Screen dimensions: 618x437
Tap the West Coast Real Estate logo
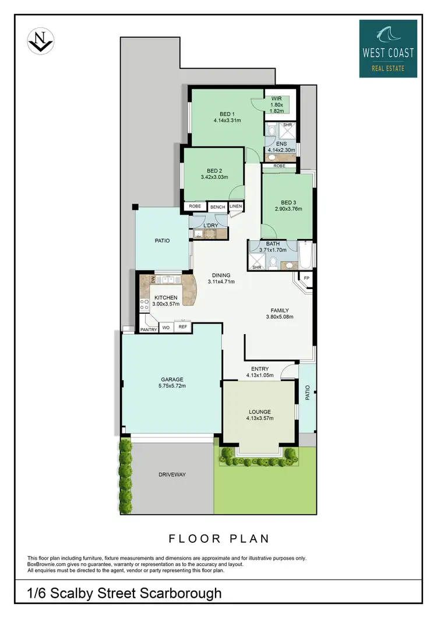click(387, 48)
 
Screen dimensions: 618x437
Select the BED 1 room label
click(227, 114)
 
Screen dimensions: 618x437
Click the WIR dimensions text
click(277, 108)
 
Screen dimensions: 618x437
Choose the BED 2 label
click(213, 171)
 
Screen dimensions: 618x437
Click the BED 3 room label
click(288, 202)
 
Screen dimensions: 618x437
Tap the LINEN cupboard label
click(235, 206)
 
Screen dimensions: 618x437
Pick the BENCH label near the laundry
click(217, 207)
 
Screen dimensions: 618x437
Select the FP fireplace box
click(306, 279)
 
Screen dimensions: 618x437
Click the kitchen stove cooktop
click(143, 304)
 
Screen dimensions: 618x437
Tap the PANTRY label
click(148, 330)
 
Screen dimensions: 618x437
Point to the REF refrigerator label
click(182, 328)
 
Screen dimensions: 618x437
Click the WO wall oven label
click(165, 328)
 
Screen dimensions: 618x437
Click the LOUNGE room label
click(259, 412)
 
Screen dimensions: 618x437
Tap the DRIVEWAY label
click(171, 475)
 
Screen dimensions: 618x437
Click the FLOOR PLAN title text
click(218, 538)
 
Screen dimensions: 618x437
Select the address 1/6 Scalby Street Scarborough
click(125, 594)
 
